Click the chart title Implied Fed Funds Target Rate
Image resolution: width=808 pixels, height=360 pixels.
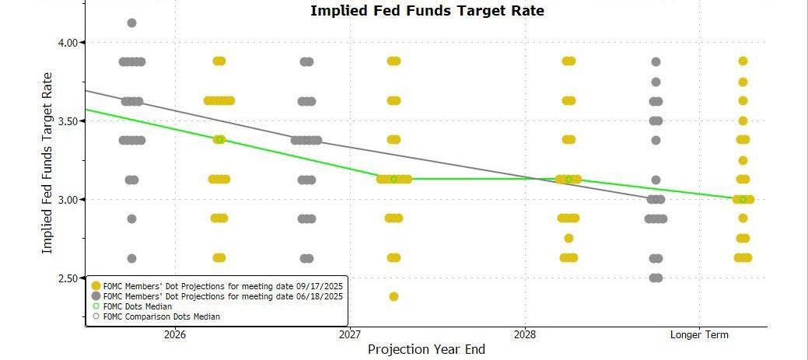pos(427,11)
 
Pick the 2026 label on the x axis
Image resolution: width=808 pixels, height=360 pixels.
pos(174,335)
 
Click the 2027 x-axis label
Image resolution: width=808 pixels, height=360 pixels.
pos(350,335)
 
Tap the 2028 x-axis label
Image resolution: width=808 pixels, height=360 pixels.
pos(525,335)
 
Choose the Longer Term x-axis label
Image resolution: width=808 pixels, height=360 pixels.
pos(700,335)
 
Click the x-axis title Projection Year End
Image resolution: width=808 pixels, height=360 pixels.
pos(426,349)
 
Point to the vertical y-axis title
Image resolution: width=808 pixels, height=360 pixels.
pos(47,163)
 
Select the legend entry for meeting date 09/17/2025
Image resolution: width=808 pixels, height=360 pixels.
pos(218,285)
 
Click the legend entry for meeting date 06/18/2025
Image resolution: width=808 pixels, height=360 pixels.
pos(218,296)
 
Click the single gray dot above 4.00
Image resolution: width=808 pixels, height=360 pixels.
pos(131,23)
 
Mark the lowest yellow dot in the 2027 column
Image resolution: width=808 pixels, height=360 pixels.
pos(394,296)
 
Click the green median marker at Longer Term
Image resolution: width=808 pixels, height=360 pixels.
pos(743,200)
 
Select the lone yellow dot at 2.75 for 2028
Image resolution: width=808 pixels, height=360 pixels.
pos(568,238)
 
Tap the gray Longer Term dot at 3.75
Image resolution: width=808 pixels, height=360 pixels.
pos(656,82)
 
